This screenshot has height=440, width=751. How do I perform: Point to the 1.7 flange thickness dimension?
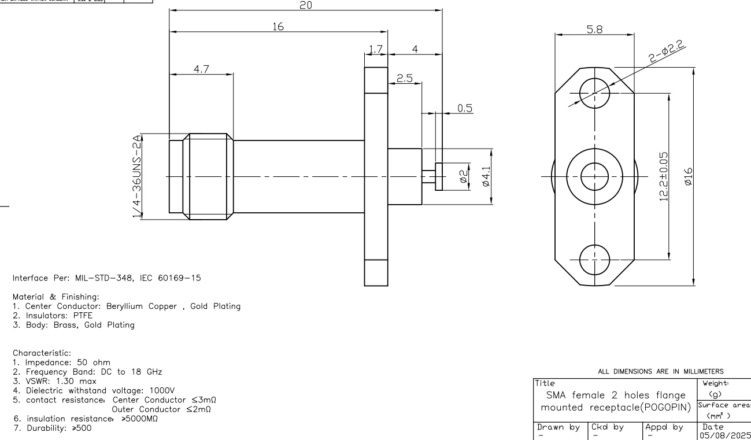click(x=376, y=50)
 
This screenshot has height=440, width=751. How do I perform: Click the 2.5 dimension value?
click(x=405, y=78)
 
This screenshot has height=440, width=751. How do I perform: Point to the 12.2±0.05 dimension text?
click(x=664, y=176)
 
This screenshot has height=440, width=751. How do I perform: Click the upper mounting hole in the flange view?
click(x=594, y=93)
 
